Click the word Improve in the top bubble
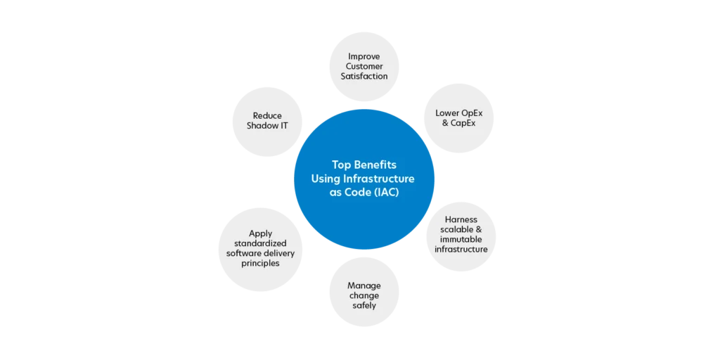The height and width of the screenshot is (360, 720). tap(364, 56)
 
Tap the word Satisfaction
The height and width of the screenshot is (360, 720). tap(364, 76)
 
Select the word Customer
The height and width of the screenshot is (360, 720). tap(364, 66)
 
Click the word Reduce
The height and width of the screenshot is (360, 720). tap(267, 115)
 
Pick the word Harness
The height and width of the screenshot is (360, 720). tap(461, 219)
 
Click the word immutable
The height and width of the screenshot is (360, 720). tap(461, 239)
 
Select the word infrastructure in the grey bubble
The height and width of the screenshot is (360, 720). tap(461, 249)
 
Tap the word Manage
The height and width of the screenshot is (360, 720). tap(364, 285)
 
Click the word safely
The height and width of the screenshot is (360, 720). tap(364, 305)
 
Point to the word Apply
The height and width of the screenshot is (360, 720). tap(260, 233)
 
